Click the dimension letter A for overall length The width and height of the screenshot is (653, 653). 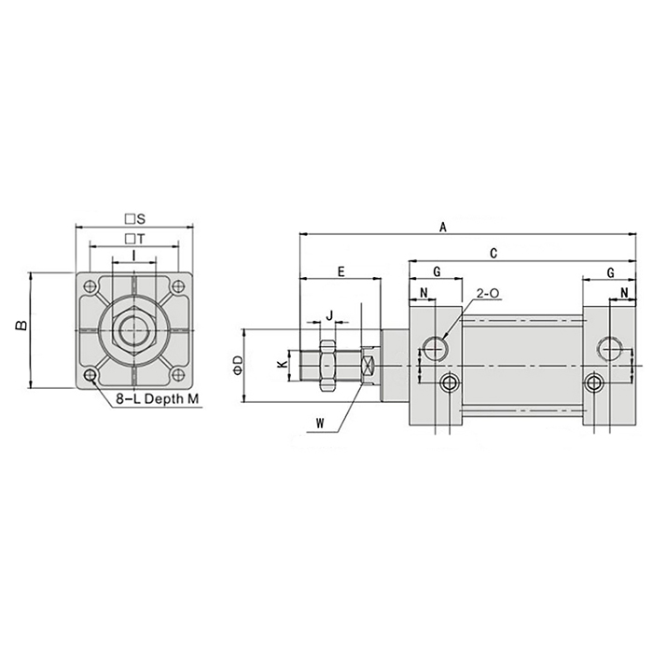[x=443, y=227]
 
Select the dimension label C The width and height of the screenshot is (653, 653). [x=493, y=252]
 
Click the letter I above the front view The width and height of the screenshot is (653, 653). [x=134, y=256]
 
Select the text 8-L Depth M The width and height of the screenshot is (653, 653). [x=159, y=400]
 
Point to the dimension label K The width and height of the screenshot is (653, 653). [x=283, y=365]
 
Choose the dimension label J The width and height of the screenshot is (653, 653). [x=328, y=315]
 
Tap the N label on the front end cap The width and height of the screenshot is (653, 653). [x=423, y=295]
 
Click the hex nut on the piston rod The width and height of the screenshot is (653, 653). [x=327, y=364]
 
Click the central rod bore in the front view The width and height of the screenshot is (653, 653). [x=134, y=331]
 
